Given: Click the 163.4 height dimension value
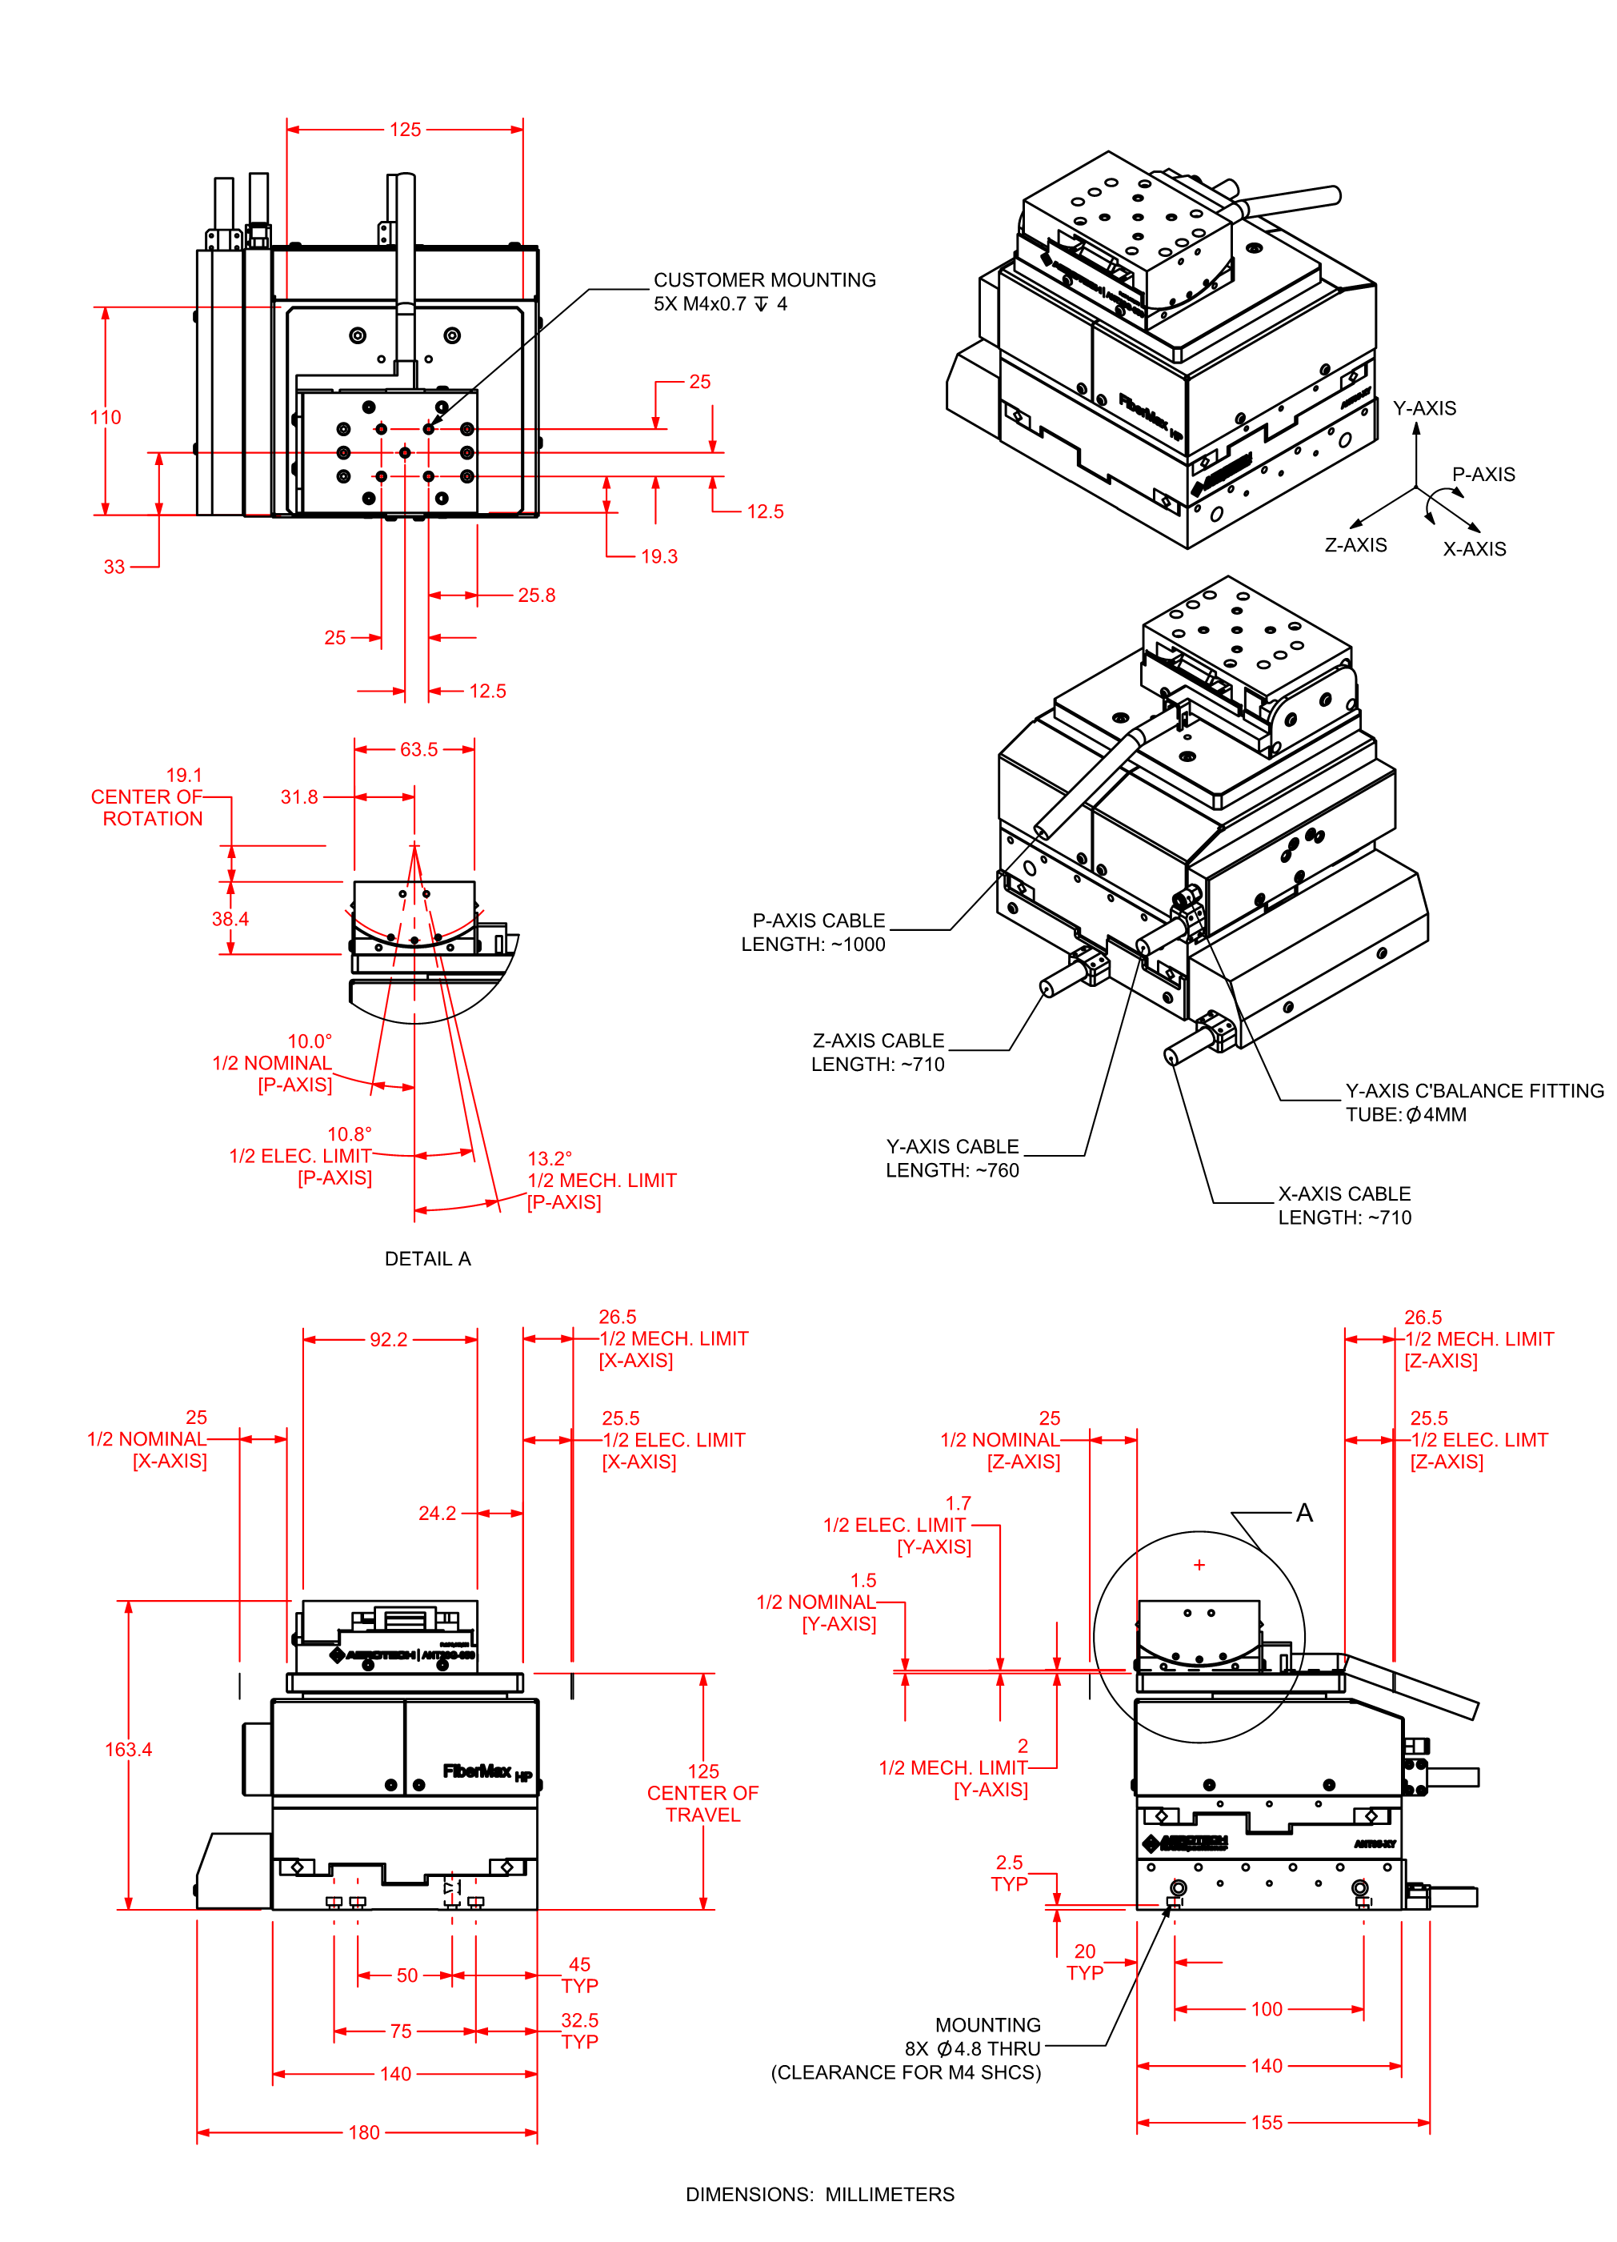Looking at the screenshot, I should point(129,1750).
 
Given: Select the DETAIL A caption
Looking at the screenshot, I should point(427,1258).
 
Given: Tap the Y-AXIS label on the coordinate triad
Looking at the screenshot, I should point(1424,408).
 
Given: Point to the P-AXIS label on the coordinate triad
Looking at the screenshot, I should point(1483,475).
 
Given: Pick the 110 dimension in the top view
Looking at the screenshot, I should point(106,417).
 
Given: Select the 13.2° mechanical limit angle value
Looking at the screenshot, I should point(550,1158).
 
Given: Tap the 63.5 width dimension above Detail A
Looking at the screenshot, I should point(418,749).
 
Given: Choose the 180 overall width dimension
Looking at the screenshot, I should point(364,2132).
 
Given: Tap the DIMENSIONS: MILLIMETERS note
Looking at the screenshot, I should point(819,2195).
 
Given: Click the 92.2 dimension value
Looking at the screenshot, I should point(388,1339).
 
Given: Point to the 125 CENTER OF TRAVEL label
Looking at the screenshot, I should point(702,1792).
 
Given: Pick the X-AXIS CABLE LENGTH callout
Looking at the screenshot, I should point(1344,1205).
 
